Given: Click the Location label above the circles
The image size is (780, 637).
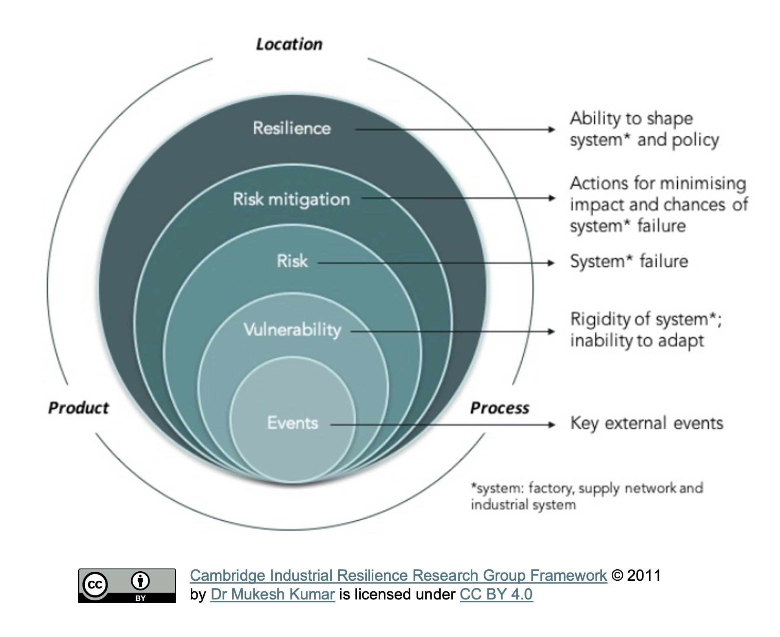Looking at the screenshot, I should [x=289, y=44].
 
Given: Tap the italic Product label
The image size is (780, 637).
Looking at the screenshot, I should [x=79, y=408].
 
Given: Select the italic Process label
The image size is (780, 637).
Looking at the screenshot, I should [x=500, y=408].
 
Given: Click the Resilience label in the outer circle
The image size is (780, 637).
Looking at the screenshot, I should [x=292, y=128].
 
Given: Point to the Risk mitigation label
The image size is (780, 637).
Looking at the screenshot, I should [x=291, y=199].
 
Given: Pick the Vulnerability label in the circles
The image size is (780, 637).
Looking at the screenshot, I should [x=292, y=330].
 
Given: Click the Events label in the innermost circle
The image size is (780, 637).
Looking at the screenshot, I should [x=293, y=423].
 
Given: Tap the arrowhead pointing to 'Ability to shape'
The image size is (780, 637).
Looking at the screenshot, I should [x=552, y=130].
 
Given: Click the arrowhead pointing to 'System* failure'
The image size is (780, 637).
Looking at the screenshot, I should [x=551, y=263].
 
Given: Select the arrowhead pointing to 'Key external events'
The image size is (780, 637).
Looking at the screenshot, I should [x=552, y=425].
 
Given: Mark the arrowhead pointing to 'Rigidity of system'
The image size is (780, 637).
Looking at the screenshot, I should [x=551, y=331].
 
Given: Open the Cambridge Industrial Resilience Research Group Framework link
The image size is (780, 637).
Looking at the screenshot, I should [x=398, y=575].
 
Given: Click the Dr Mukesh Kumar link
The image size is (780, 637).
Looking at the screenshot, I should [x=273, y=594].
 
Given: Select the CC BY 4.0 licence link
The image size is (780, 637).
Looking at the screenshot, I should [x=496, y=594].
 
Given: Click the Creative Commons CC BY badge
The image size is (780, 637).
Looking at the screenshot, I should [x=127, y=586].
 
